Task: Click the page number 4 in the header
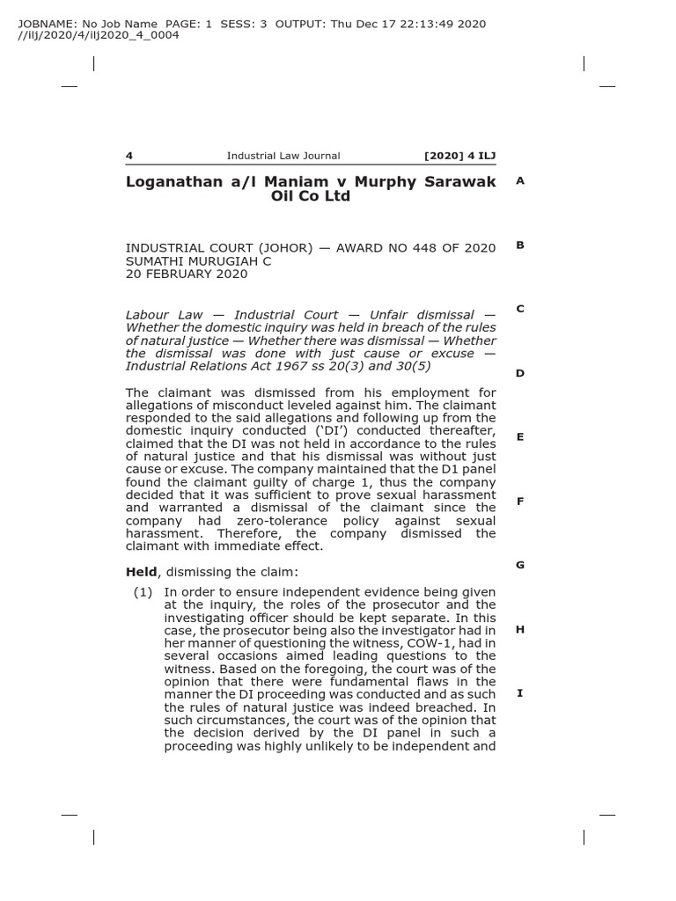[x=129, y=156]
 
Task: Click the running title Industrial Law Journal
[x=283, y=156]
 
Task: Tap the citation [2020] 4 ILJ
[x=459, y=156]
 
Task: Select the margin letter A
[x=520, y=180]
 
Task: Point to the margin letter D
[x=520, y=373]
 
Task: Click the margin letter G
[x=520, y=565]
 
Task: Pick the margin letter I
[x=520, y=693]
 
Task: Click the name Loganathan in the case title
[x=172, y=181]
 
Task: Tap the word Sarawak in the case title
[x=459, y=181]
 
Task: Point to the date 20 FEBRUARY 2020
[x=187, y=274]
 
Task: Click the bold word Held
[x=142, y=572]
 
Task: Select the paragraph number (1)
[x=143, y=592]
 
